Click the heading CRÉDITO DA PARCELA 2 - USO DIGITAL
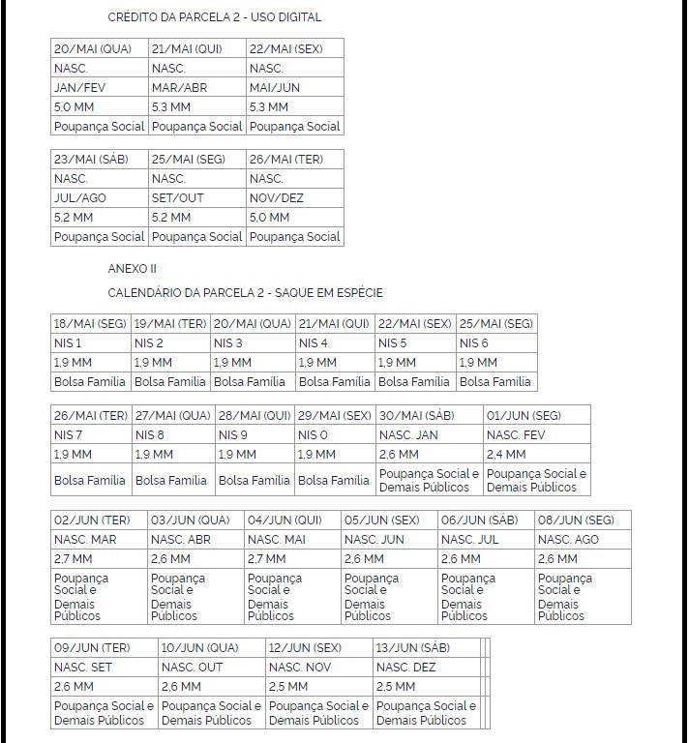point(215,17)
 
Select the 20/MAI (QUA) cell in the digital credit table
point(93,49)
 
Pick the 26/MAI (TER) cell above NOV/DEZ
point(286,160)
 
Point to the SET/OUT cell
point(178,198)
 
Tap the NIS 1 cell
point(68,343)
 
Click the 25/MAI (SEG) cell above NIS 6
point(495,324)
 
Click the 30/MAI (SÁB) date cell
point(416,416)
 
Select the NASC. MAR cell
point(85,540)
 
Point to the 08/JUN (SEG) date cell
point(576,520)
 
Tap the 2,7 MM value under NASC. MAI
point(267,559)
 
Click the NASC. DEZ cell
point(406,668)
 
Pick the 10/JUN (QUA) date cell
point(199,648)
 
